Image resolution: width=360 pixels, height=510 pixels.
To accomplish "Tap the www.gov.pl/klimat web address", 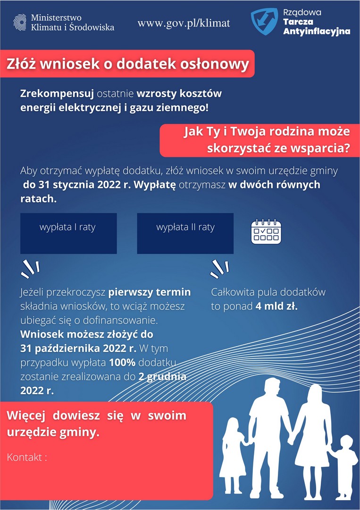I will (x=184, y=23).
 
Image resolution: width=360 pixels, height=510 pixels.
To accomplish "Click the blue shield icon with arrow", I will (x=264, y=22).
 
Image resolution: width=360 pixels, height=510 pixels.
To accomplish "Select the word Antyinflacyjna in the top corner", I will (x=316, y=32).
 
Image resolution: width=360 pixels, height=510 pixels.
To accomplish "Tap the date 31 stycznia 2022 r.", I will (x=76, y=185).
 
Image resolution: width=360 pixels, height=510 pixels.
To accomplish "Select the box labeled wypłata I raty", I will (x=68, y=233).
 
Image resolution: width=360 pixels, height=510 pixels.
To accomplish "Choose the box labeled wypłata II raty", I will (x=185, y=233).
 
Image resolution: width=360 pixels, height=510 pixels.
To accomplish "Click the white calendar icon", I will (x=266, y=231).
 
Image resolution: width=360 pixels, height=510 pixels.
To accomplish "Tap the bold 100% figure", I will (x=118, y=363).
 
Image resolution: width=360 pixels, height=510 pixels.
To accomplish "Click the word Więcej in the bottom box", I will (x=25, y=416).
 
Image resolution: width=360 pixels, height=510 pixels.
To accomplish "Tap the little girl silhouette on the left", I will (x=233, y=453).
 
